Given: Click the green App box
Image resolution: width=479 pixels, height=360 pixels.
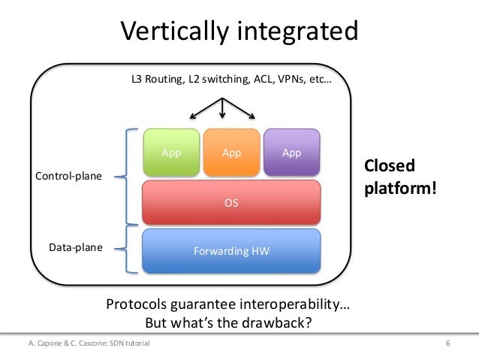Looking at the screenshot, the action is (x=171, y=153).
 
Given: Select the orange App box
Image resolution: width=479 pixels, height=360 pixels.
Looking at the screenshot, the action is (x=231, y=153).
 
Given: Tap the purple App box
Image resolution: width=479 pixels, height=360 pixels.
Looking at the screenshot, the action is (x=291, y=153).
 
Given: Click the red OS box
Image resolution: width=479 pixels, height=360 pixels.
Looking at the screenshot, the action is (x=231, y=202).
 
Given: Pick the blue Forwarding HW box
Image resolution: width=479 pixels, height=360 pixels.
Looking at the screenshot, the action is (x=231, y=250).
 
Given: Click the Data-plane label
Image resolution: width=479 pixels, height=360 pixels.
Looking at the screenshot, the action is (x=76, y=246).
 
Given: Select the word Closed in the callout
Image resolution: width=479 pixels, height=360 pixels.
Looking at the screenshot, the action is (x=389, y=165).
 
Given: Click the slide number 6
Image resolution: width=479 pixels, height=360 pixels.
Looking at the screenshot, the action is (x=447, y=343).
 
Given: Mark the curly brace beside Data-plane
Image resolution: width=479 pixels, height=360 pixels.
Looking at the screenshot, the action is (x=131, y=249).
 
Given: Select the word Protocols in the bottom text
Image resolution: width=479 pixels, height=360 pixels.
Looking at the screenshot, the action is (x=140, y=306).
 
